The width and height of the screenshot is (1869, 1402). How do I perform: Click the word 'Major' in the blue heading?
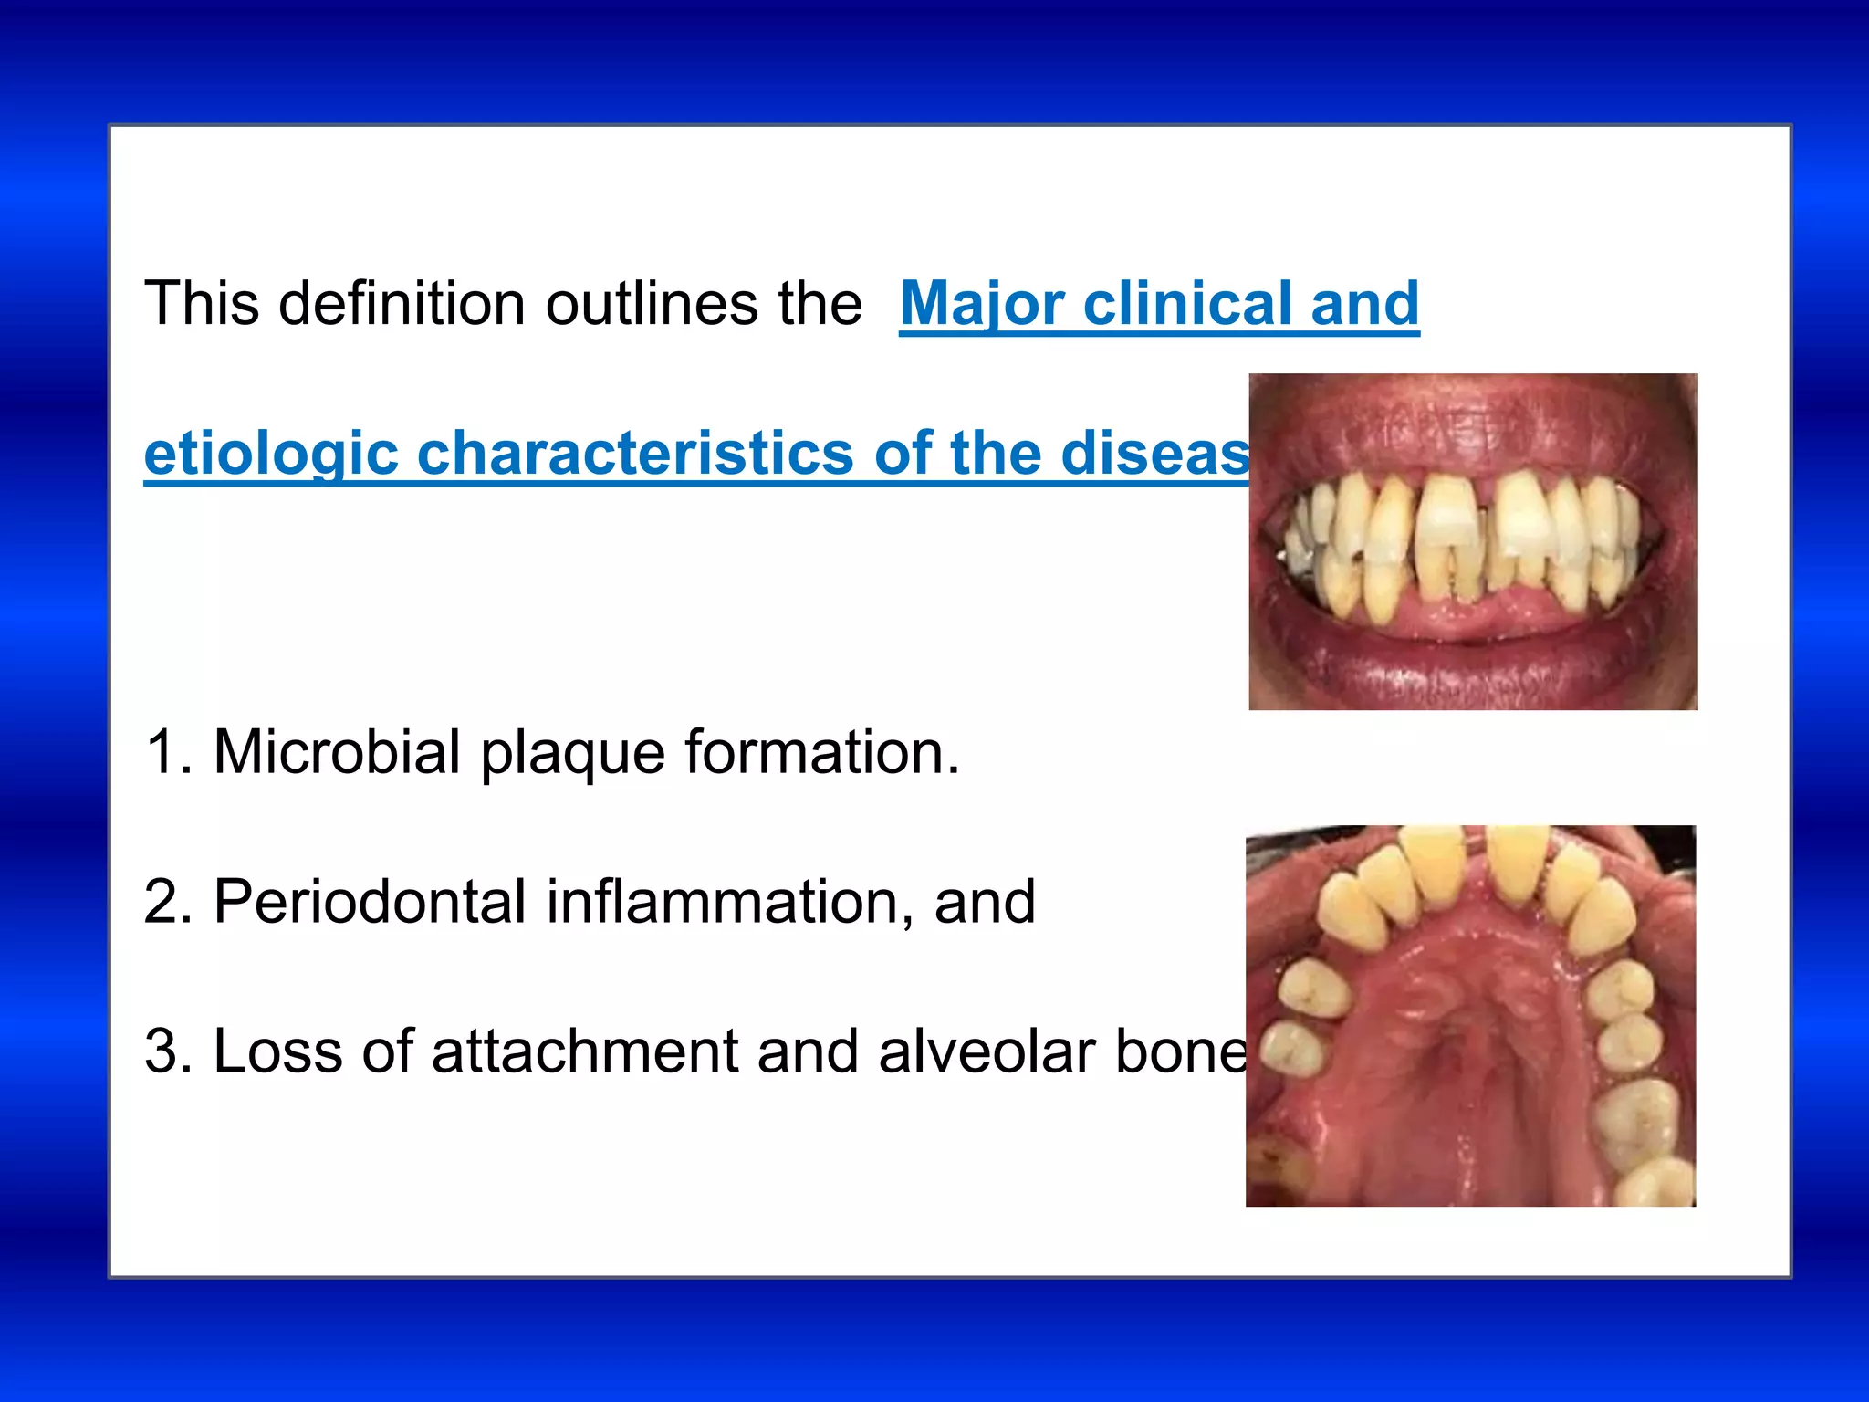click(x=981, y=304)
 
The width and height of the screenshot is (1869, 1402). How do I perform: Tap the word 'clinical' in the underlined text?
click(x=1186, y=304)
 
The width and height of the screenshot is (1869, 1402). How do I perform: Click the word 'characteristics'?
click(x=635, y=454)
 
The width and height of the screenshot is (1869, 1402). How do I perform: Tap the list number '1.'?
click(x=169, y=753)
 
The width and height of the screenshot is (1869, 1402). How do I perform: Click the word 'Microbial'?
click(x=336, y=753)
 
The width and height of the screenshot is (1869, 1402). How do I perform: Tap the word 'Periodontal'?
click(x=370, y=903)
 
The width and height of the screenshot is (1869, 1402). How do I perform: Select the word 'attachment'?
click(x=584, y=1051)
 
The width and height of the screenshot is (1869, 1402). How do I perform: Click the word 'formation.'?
click(x=822, y=753)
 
